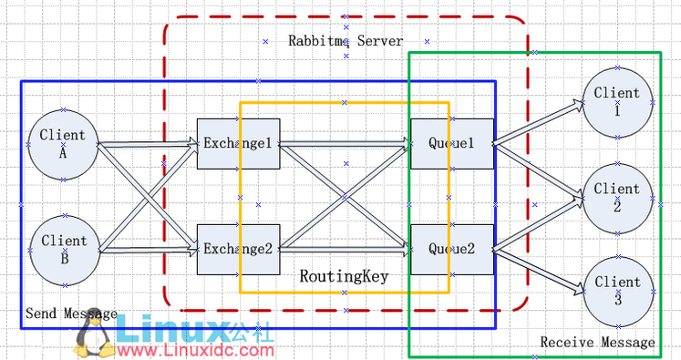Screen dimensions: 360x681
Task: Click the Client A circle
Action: (x=63, y=144)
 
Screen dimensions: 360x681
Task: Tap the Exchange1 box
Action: (x=238, y=143)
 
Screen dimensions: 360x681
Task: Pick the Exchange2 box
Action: (x=238, y=248)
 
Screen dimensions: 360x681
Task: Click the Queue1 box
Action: (x=452, y=143)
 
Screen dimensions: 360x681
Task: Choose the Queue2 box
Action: (x=452, y=248)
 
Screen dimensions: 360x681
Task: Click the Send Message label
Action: (x=71, y=314)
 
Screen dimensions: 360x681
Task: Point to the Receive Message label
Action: (x=597, y=342)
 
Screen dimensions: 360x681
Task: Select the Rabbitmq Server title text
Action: (x=346, y=41)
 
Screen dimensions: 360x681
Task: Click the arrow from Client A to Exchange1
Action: (x=146, y=143)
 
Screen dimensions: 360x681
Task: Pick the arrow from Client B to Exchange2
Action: (x=146, y=248)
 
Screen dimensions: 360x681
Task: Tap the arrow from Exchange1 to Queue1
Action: (x=345, y=143)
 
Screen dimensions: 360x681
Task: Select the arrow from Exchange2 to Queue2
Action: (x=345, y=248)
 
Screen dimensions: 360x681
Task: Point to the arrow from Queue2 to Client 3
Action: (x=538, y=270)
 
